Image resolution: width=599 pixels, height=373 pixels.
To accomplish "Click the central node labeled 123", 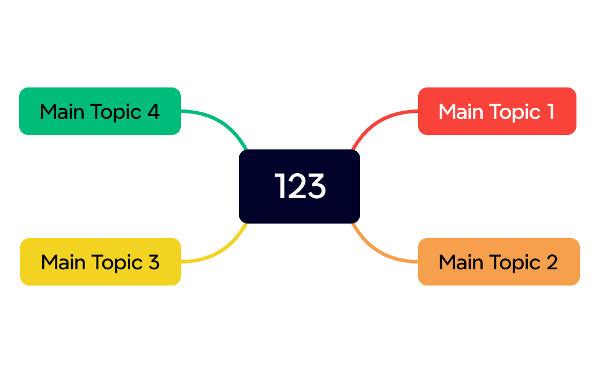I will (299, 186).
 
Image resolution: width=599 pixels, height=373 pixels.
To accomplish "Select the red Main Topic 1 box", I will (497, 111).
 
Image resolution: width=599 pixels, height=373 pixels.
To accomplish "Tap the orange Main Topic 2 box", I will (498, 262).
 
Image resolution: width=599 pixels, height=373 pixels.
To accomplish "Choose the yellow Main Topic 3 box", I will (101, 262).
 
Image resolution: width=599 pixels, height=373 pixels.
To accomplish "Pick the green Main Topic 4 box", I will (100, 111).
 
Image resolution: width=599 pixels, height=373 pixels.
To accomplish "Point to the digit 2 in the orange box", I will (551, 262).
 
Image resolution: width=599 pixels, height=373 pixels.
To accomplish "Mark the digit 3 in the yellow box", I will (153, 262).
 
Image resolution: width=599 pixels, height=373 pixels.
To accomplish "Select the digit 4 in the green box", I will (153, 111).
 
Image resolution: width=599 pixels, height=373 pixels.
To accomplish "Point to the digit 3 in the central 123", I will (316, 186).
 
